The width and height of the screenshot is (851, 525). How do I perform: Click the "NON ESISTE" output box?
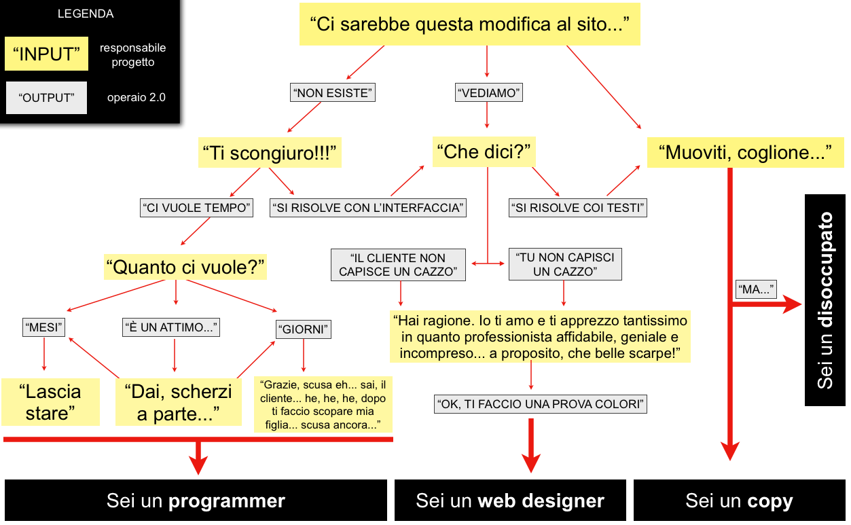point(333,93)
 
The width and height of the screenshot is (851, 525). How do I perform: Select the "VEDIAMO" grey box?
point(488,93)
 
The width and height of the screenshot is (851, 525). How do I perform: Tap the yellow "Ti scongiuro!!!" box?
point(270,153)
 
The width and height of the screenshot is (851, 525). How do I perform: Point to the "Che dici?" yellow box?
point(484,151)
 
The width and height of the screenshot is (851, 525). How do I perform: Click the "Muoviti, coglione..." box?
point(745,153)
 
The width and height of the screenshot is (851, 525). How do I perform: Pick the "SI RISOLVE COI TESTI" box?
point(578,208)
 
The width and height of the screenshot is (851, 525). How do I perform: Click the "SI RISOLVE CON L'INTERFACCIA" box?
point(368,208)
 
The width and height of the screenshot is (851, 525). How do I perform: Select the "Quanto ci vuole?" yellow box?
point(185,267)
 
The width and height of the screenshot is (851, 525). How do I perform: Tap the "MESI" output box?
point(43,328)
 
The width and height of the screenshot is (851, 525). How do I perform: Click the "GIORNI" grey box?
point(304,330)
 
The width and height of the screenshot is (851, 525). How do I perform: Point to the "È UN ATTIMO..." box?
point(171,327)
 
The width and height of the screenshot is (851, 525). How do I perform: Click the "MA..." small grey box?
point(756,289)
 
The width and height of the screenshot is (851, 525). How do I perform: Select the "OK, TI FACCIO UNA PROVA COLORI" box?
point(540,404)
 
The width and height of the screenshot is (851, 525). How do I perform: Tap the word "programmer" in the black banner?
point(227,502)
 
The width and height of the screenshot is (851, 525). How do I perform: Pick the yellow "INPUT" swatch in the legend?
point(46,54)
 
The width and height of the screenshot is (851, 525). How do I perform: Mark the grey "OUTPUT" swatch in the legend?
point(46,98)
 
